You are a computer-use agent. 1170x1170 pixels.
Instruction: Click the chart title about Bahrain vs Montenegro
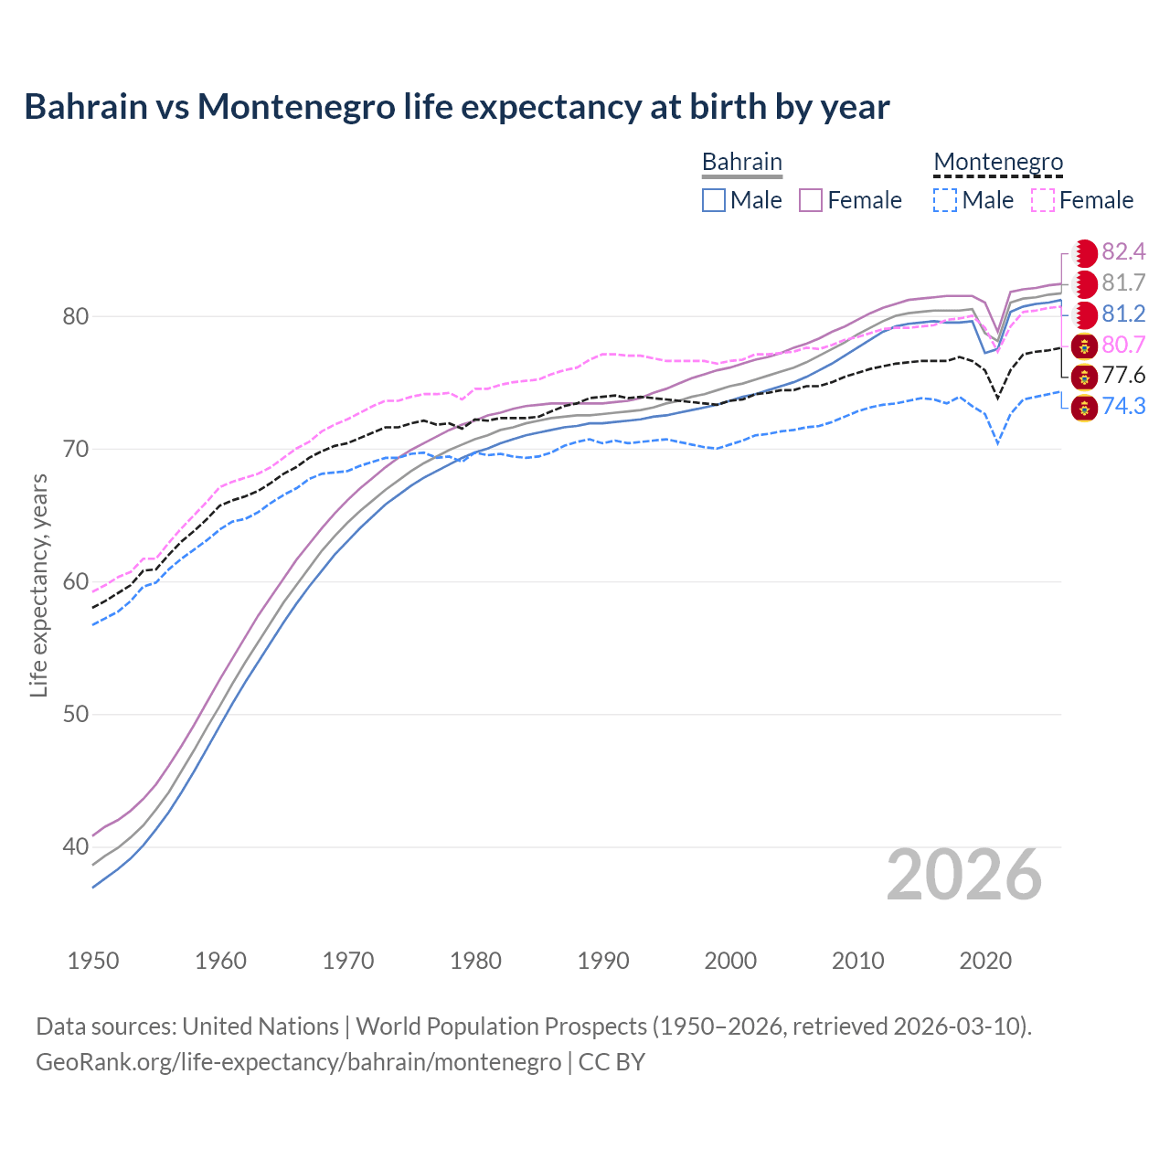point(456,107)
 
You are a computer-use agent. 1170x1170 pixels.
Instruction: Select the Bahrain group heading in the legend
point(741,162)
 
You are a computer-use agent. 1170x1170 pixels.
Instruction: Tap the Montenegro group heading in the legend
point(998,162)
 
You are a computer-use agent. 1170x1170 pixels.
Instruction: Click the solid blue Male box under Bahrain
point(714,200)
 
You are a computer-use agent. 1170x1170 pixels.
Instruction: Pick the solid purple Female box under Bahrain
point(812,200)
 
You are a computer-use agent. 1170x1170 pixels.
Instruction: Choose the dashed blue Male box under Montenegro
point(945,200)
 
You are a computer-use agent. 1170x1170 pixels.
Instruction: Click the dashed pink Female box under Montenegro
point(1043,200)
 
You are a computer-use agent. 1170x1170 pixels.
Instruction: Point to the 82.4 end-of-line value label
point(1123,251)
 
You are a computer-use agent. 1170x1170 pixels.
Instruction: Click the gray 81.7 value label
point(1123,282)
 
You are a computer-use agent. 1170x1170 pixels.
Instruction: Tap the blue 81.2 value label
point(1123,314)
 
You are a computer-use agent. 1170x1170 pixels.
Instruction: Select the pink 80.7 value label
point(1123,345)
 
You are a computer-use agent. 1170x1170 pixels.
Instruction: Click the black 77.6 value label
point(1123,376)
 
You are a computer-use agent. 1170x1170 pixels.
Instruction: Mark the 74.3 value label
point(1123,406)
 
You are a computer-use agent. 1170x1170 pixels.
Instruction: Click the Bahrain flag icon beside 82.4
point(1085,252)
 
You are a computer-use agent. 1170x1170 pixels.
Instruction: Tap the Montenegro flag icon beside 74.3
point(1085,407)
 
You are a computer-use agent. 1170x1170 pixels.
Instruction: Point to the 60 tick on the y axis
point(76,581)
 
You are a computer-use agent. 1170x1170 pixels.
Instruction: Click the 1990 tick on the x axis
point(603,961)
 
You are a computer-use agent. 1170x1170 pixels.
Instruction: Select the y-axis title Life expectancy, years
point(38,585)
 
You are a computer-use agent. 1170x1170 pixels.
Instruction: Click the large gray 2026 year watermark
point(964,875)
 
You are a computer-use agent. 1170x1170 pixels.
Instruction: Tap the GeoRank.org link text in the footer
point(298,1062)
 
